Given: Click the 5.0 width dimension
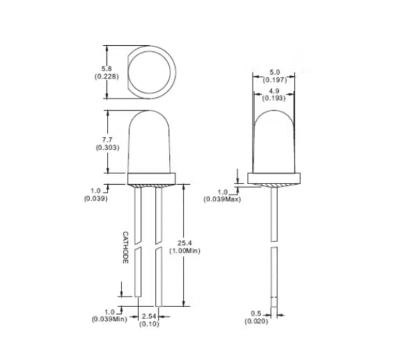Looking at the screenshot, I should click(275, 72).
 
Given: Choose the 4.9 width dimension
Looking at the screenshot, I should click(275, 91).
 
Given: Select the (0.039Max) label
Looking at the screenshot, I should click(222, 199).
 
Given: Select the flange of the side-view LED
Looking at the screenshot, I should click(275, 179).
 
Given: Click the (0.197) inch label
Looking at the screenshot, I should click(275, 79).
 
